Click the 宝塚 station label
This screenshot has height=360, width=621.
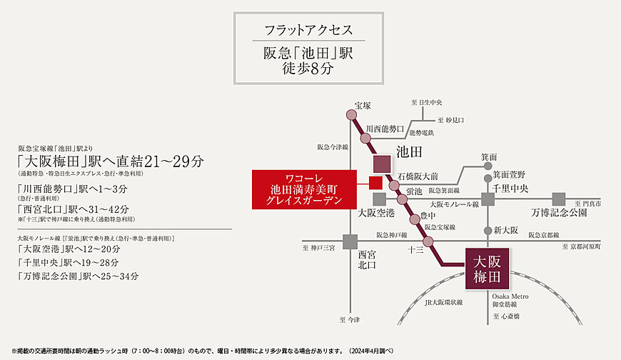[363, 106]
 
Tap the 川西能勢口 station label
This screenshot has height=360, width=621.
[385, 129]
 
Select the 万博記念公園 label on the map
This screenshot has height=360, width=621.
[559, 213]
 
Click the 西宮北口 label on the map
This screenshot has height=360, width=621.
[366, 259]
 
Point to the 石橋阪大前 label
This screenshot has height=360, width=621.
[418, 175]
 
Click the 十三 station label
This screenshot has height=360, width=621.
[415, 250]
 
